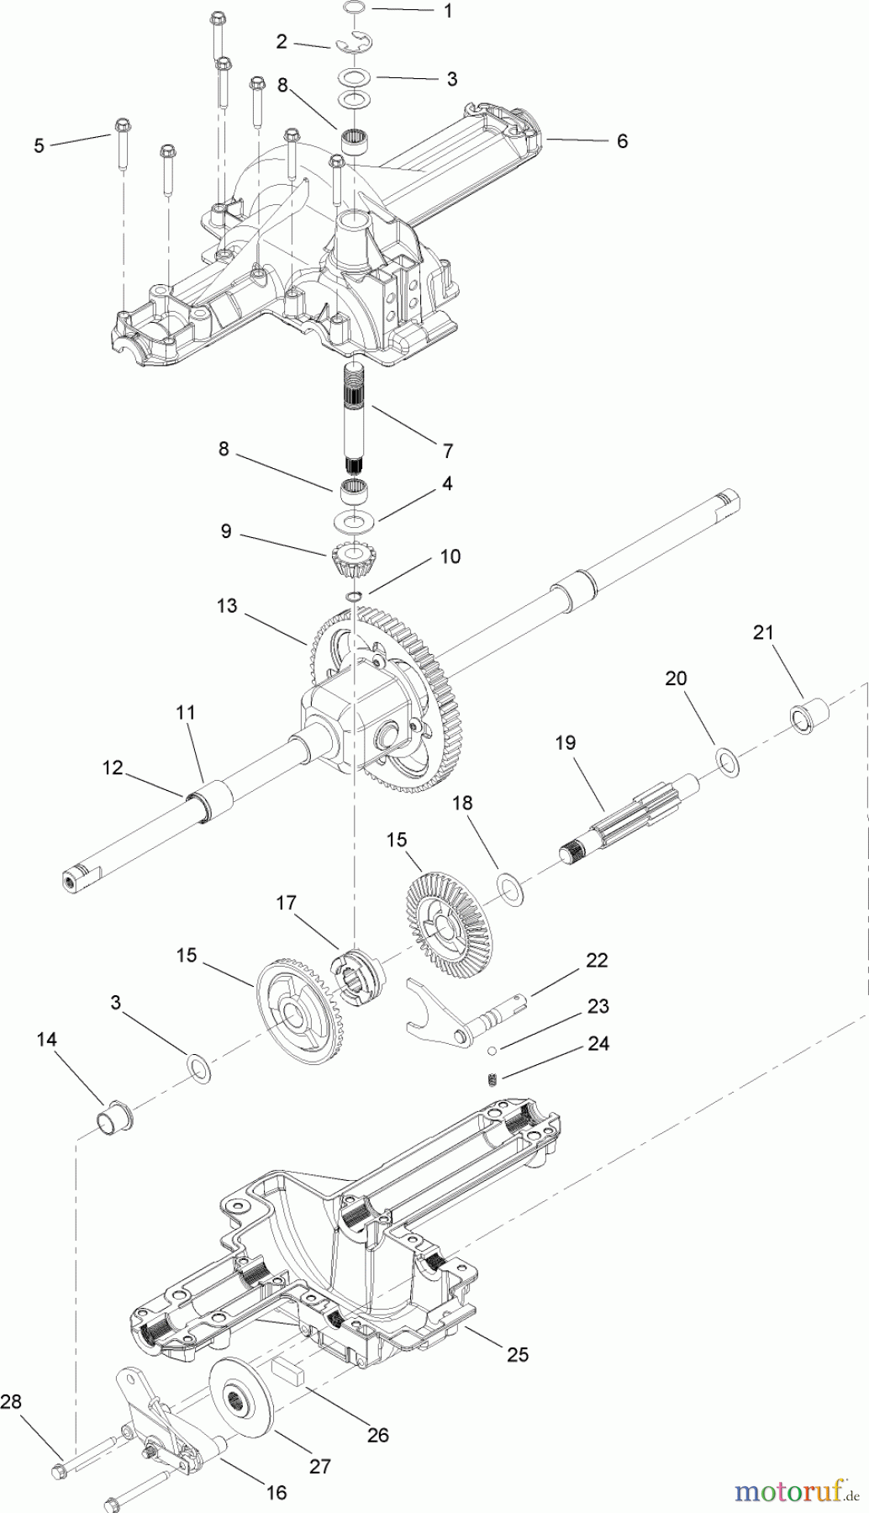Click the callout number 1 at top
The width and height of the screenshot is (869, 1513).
(447, 11)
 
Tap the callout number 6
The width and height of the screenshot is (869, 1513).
(621, 141)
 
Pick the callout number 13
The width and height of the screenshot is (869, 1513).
(226, 606)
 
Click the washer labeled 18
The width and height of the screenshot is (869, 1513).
(508, 885)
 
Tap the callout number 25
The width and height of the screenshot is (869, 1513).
(518, 1355)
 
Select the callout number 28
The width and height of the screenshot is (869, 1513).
(11, 1401)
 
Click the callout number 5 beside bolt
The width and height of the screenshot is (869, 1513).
(39, 145)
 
